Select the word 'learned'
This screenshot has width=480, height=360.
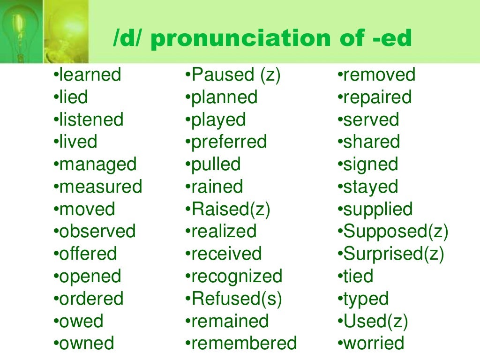pos(90,75)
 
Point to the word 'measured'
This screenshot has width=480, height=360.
pos(100,187)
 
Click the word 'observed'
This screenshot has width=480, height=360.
pos(97,231)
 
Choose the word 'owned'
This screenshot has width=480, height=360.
pos(86,343)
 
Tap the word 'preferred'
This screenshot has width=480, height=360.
pos(229,142)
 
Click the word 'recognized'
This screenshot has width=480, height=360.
pos(236,276)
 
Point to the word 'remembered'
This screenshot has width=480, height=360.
pos(244,343)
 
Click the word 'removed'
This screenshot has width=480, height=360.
pos(379,75)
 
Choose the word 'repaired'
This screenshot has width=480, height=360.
pos(377,97)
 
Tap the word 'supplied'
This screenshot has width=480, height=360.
pos(378,209)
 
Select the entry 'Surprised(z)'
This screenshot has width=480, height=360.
pos(393,254)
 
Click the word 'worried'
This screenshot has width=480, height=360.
pos(374,343)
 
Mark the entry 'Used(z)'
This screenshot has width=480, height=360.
pos(375,321)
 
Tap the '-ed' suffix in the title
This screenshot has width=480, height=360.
pos(389,39)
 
